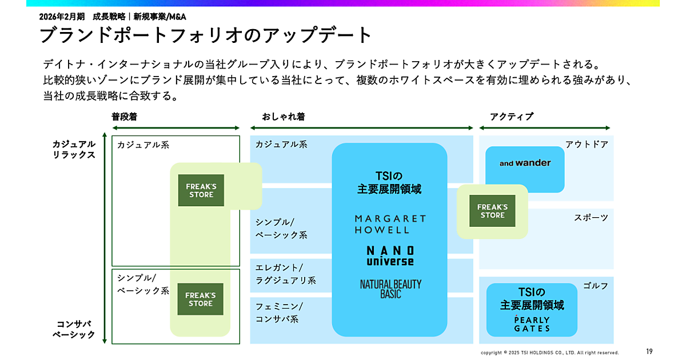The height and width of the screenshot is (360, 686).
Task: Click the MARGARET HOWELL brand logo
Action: pyautogui.click(x=390, y=224)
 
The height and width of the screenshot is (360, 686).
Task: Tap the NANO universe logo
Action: pyautogui.click(x=390, y=255)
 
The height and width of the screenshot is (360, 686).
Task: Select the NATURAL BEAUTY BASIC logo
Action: pyautogui.click(x=390, y=289)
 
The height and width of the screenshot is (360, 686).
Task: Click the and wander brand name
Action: pyautogui.click(x=525, y=163)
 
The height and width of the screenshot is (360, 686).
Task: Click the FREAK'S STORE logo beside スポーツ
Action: pyautogui.click(x=492, y=211)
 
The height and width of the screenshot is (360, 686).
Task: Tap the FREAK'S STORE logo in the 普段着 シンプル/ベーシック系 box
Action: pyautogui.click(x=200, y=299)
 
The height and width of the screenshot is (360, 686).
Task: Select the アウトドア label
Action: pyautogui.click(x=587, y=145)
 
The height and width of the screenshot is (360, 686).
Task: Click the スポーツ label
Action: pyautogui.click(x=591, y=218)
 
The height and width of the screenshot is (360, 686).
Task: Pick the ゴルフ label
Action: pyautogui.click(x=596, y=286)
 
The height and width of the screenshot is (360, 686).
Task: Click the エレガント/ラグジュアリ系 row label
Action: pyautogui.click(x=285, y=274)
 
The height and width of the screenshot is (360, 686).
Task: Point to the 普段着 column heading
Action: pyautogui.click(x=124, y=117)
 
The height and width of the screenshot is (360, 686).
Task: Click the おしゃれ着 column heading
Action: pyautogui.click(x=283, y=117)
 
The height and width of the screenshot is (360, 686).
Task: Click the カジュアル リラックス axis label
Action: pyautogui.click(x=74, y=149)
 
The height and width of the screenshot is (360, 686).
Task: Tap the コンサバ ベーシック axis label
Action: pyautogui.click(x=74, y=329)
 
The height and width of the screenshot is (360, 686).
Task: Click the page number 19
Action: pyautogui.click(x=649, y=351)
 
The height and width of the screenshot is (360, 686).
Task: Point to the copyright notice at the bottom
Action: pyautogui.click(x=549, y=353)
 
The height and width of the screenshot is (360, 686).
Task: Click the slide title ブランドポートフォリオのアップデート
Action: pyautogui.click(x=206, y=35)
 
